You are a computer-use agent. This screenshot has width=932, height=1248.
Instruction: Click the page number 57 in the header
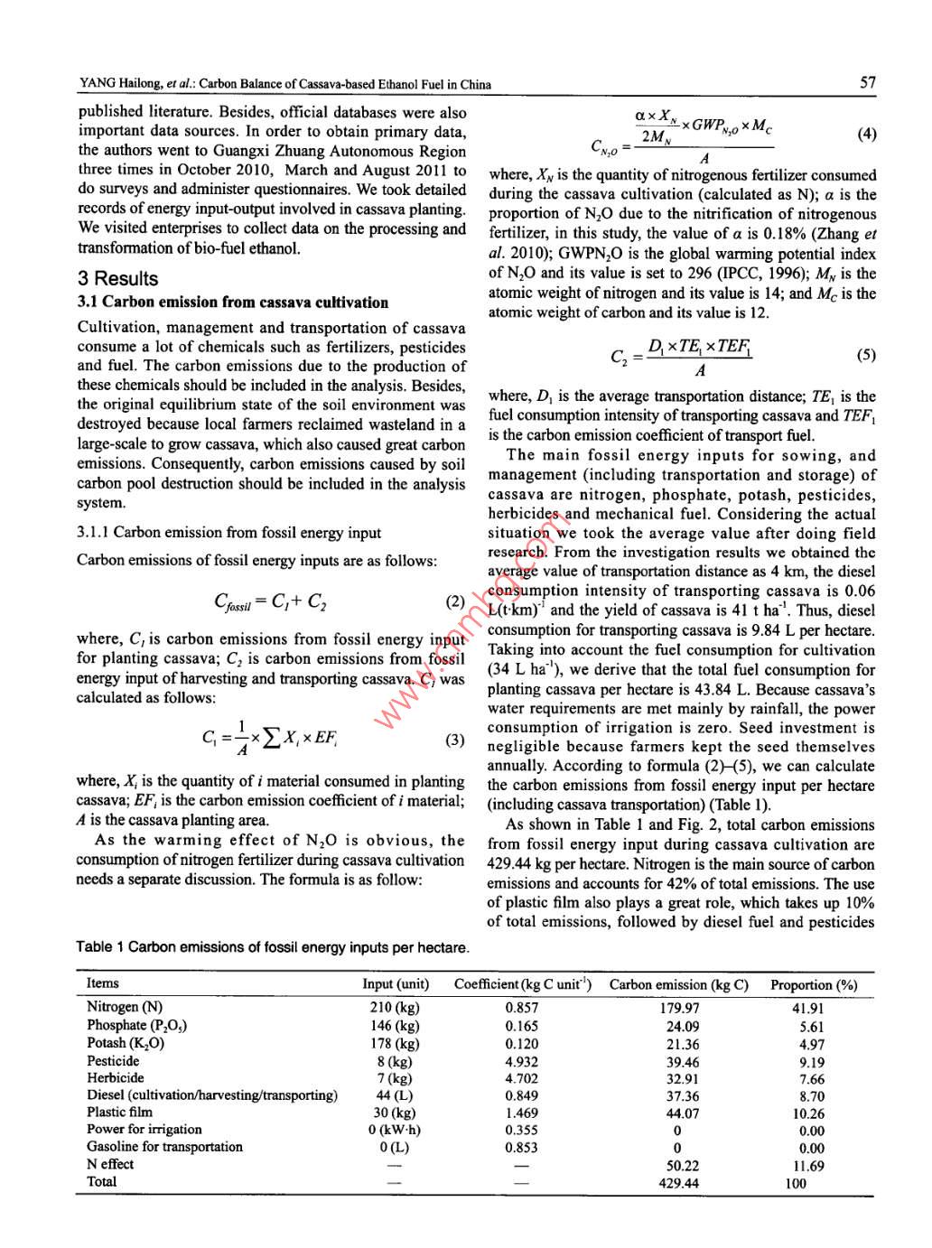pos(867,83)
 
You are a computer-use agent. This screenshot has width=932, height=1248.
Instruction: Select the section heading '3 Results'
pos(117,279)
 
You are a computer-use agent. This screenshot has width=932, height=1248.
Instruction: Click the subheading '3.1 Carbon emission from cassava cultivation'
pos(233,303)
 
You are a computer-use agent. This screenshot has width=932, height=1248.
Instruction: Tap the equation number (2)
pos(455,601)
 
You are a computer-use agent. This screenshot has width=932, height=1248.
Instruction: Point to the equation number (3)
pos(455,740)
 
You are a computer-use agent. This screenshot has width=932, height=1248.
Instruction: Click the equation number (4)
pos(865,135)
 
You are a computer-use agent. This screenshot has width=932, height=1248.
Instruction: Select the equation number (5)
pos(865,355)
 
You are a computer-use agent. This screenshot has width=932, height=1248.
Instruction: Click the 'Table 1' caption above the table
pos(273,947)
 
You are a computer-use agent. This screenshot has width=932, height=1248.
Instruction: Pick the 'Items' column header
pos(103,983)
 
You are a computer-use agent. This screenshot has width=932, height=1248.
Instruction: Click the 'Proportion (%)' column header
pos(813,985)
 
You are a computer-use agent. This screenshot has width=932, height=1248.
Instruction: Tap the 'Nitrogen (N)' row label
pos(125,1007)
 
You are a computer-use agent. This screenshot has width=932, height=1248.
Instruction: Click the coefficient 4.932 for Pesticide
pos(521,1062)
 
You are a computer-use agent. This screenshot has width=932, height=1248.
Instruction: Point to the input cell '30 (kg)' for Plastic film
pos(395,1113)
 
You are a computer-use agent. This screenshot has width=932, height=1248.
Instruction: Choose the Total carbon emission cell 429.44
pos(678,1183)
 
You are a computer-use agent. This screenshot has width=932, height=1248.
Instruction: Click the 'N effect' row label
pos(109,1165)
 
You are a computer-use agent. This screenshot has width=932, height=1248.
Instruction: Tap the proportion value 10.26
pos(808,1114)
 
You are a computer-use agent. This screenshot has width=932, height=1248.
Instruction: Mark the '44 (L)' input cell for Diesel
pos(395,1096)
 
